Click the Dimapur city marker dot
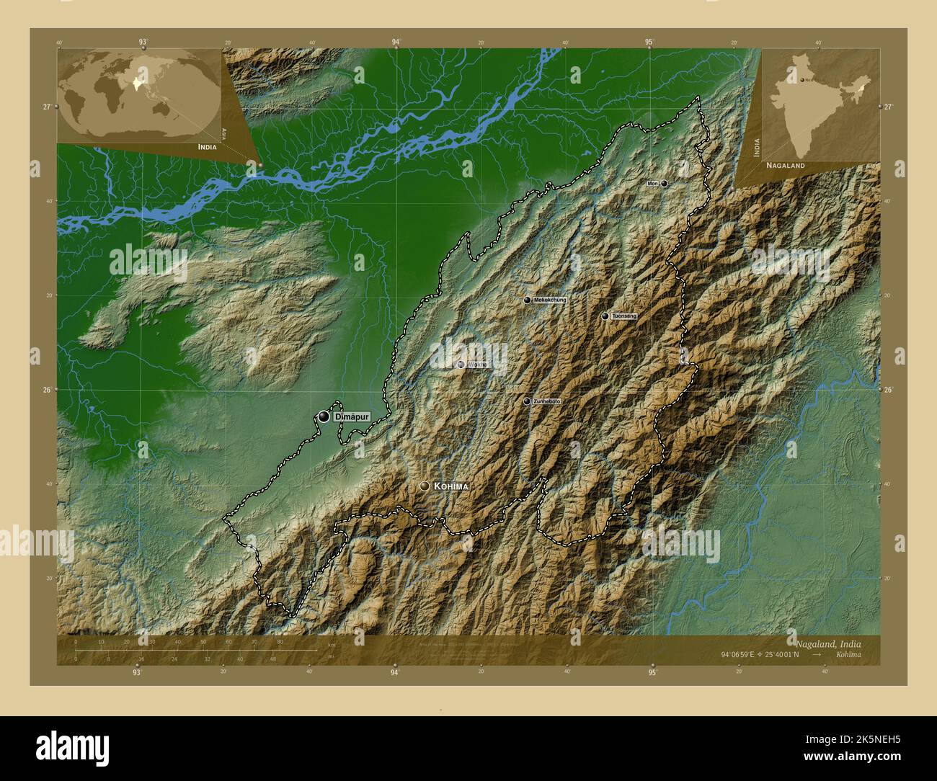click(x=324, y=416)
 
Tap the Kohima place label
click(x=451, y=487)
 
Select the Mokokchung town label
click(x=549, y=300)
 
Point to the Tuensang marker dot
click(x=605, y=316)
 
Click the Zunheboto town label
click(x=546, y=401)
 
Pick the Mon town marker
click(x=664, y=184)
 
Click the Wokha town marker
click(x=461, y=365)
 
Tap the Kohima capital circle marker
click(x=425, y=487)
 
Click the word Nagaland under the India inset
click(x=786, y=165)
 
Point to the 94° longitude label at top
click(x=396, y=43)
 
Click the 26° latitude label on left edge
click(x=46, y=390)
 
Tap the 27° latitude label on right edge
click(x=887, y=107)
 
